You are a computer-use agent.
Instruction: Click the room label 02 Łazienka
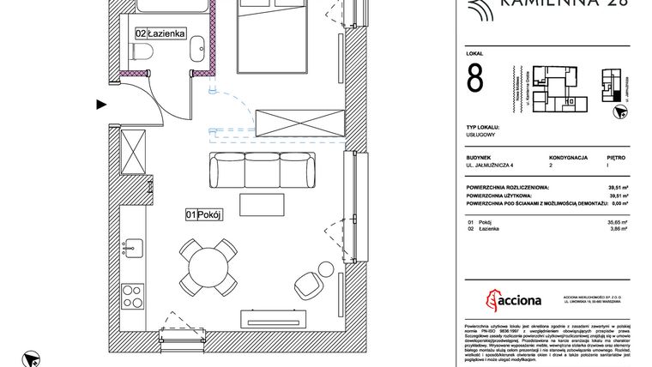tap(160, 33)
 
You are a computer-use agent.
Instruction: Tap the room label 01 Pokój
tap(203, 215)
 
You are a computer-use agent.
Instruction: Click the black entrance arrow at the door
tap(101, 105)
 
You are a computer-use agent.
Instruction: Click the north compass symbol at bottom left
tap(32, 358)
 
